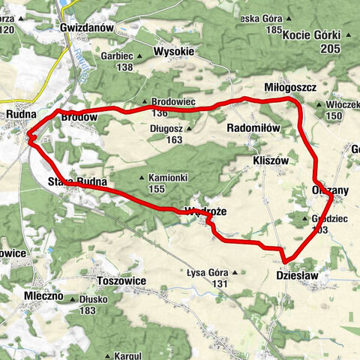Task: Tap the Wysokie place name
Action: tap(173, 52)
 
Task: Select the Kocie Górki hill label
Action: tap(317, 35)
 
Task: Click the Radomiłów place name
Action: tap(253, 128)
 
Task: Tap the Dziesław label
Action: tap(298, 276)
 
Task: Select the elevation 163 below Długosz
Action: tap(175, 139)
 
